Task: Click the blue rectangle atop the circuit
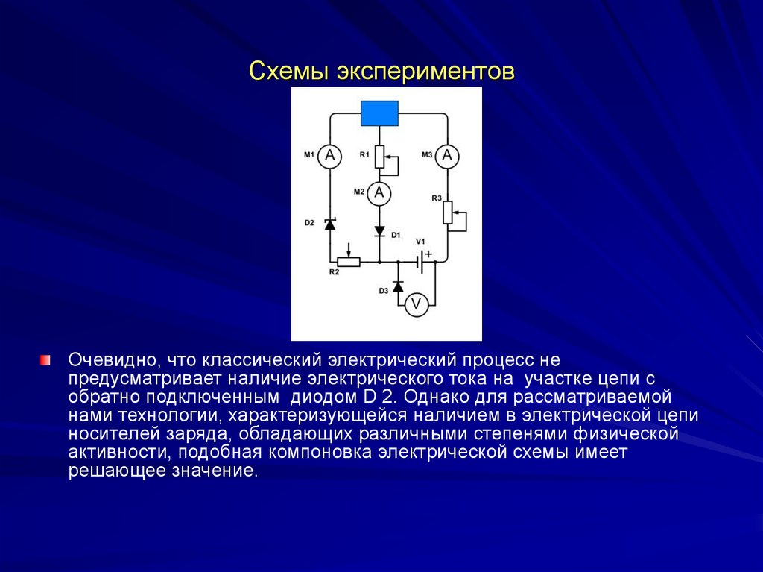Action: [x=379, y=114]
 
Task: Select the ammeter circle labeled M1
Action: [x=329, y=156]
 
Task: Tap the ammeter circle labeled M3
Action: [x=447, y=155]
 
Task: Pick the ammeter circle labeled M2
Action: [x=379, y=193]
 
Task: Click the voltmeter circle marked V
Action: [x=417, y=303]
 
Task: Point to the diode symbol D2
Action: [x=329, y=223]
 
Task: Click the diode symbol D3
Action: [x=398, y=286]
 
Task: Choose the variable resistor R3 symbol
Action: [x=447, y=213]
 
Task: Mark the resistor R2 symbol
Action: [x=349, y=261]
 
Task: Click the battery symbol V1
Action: [x=421, y=262]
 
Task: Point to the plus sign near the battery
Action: [x=428, y=253]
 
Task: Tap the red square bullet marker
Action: [x=45, y=360]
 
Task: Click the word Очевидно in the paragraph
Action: [x=113, y=360]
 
